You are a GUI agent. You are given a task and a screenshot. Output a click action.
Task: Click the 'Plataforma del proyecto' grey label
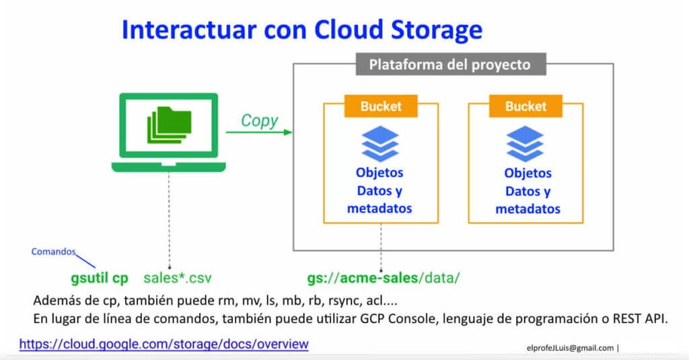(449, 65)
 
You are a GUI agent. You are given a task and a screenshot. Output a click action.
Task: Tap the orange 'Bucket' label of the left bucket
(381, 106)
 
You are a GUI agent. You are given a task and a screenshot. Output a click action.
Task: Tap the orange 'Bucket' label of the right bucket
(525, 106)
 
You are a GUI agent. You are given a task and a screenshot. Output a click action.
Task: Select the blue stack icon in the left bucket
(380, 143)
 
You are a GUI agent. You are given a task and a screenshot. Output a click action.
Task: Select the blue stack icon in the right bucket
(525, 143)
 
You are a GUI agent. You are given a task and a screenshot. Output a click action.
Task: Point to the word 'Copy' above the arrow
(259, 120)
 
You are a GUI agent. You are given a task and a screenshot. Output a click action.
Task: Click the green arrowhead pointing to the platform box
(289, 132)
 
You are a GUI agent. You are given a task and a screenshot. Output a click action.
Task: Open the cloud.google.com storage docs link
(164, 344)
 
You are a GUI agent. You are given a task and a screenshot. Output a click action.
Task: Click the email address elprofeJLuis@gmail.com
(571, 348)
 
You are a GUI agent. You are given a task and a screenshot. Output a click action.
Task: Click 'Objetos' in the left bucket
(379, 173)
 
